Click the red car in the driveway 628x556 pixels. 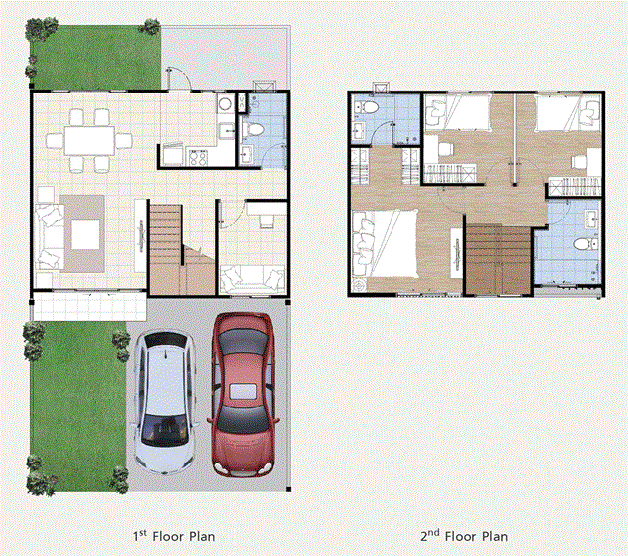(x=242, y=395)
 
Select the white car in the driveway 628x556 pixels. (x=165, y=403)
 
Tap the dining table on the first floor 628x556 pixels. (x=88, y=141)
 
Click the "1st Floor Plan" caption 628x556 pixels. (x=174, y=536)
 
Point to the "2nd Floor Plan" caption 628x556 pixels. (x=464, y=536)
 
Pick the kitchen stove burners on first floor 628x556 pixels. (x=198, y=157)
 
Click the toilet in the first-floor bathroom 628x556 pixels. (x=253, y=130)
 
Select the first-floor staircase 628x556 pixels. (x=182, y=250)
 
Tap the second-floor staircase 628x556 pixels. (x=499, y=260)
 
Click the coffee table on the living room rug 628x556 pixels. (x=84, y=235)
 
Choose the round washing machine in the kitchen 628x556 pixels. (x=226, y=103)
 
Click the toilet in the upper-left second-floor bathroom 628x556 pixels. (x=368, y=107)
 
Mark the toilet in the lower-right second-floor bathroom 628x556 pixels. (x=586, y=244)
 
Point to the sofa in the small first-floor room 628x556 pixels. (x=252, y=278)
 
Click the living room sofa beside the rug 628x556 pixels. (x=49, y=237)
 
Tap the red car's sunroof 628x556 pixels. (x=242, y=391)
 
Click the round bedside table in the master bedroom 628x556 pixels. (x=359, y=285)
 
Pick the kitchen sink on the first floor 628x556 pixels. (x=227, y=131)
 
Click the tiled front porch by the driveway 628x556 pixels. (x=89, y=306)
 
